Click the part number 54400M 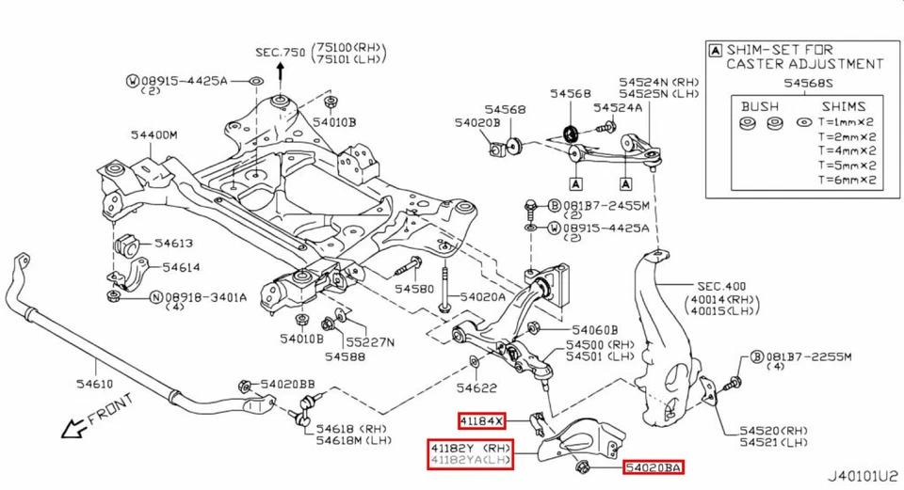point(154,135)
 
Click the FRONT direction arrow point(72,429)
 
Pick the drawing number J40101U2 point(864,477)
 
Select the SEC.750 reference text point(281,54)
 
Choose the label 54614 point(181,268)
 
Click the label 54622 point(476,387)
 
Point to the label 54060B point(595,330)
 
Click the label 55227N point(369,341)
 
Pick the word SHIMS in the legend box point(843,106)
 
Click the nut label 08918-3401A point(205,297)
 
